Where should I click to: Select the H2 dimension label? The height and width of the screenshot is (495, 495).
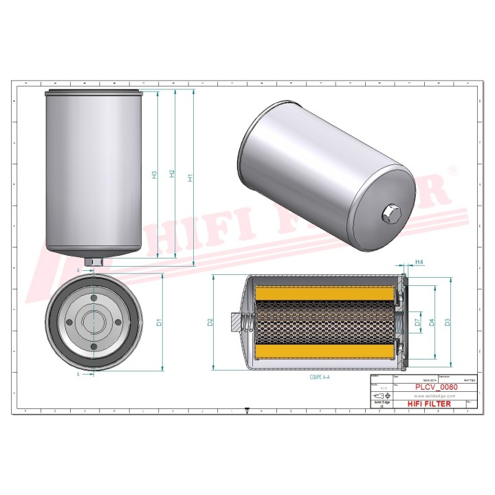[x=173, y=175]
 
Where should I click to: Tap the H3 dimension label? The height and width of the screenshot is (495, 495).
[x=155, y=175]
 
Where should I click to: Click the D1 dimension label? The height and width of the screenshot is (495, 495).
[x=159, y=321]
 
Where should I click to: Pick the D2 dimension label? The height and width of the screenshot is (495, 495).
[x=211, y=321]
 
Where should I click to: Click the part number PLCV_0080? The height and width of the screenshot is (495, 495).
[x=437, y=387]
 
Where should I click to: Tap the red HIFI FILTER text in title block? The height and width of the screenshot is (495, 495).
[x=430, y=404]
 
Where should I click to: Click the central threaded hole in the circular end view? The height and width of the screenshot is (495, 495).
[x=93, y=321]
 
